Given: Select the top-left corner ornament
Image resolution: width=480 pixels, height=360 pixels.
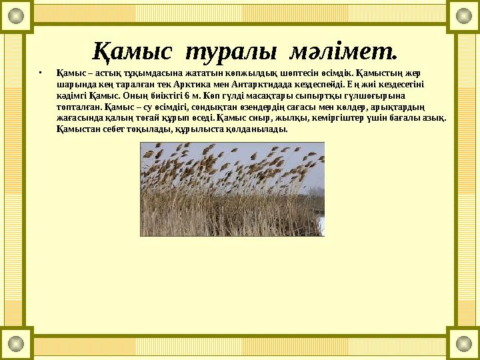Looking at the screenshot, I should coord(16,16).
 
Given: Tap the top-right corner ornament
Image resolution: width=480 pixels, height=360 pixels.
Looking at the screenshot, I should coord(463,16).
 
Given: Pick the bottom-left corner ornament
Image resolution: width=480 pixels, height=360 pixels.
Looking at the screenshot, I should coord(16,343).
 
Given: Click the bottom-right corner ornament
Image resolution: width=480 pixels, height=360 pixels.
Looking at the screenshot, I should coord(463,343).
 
